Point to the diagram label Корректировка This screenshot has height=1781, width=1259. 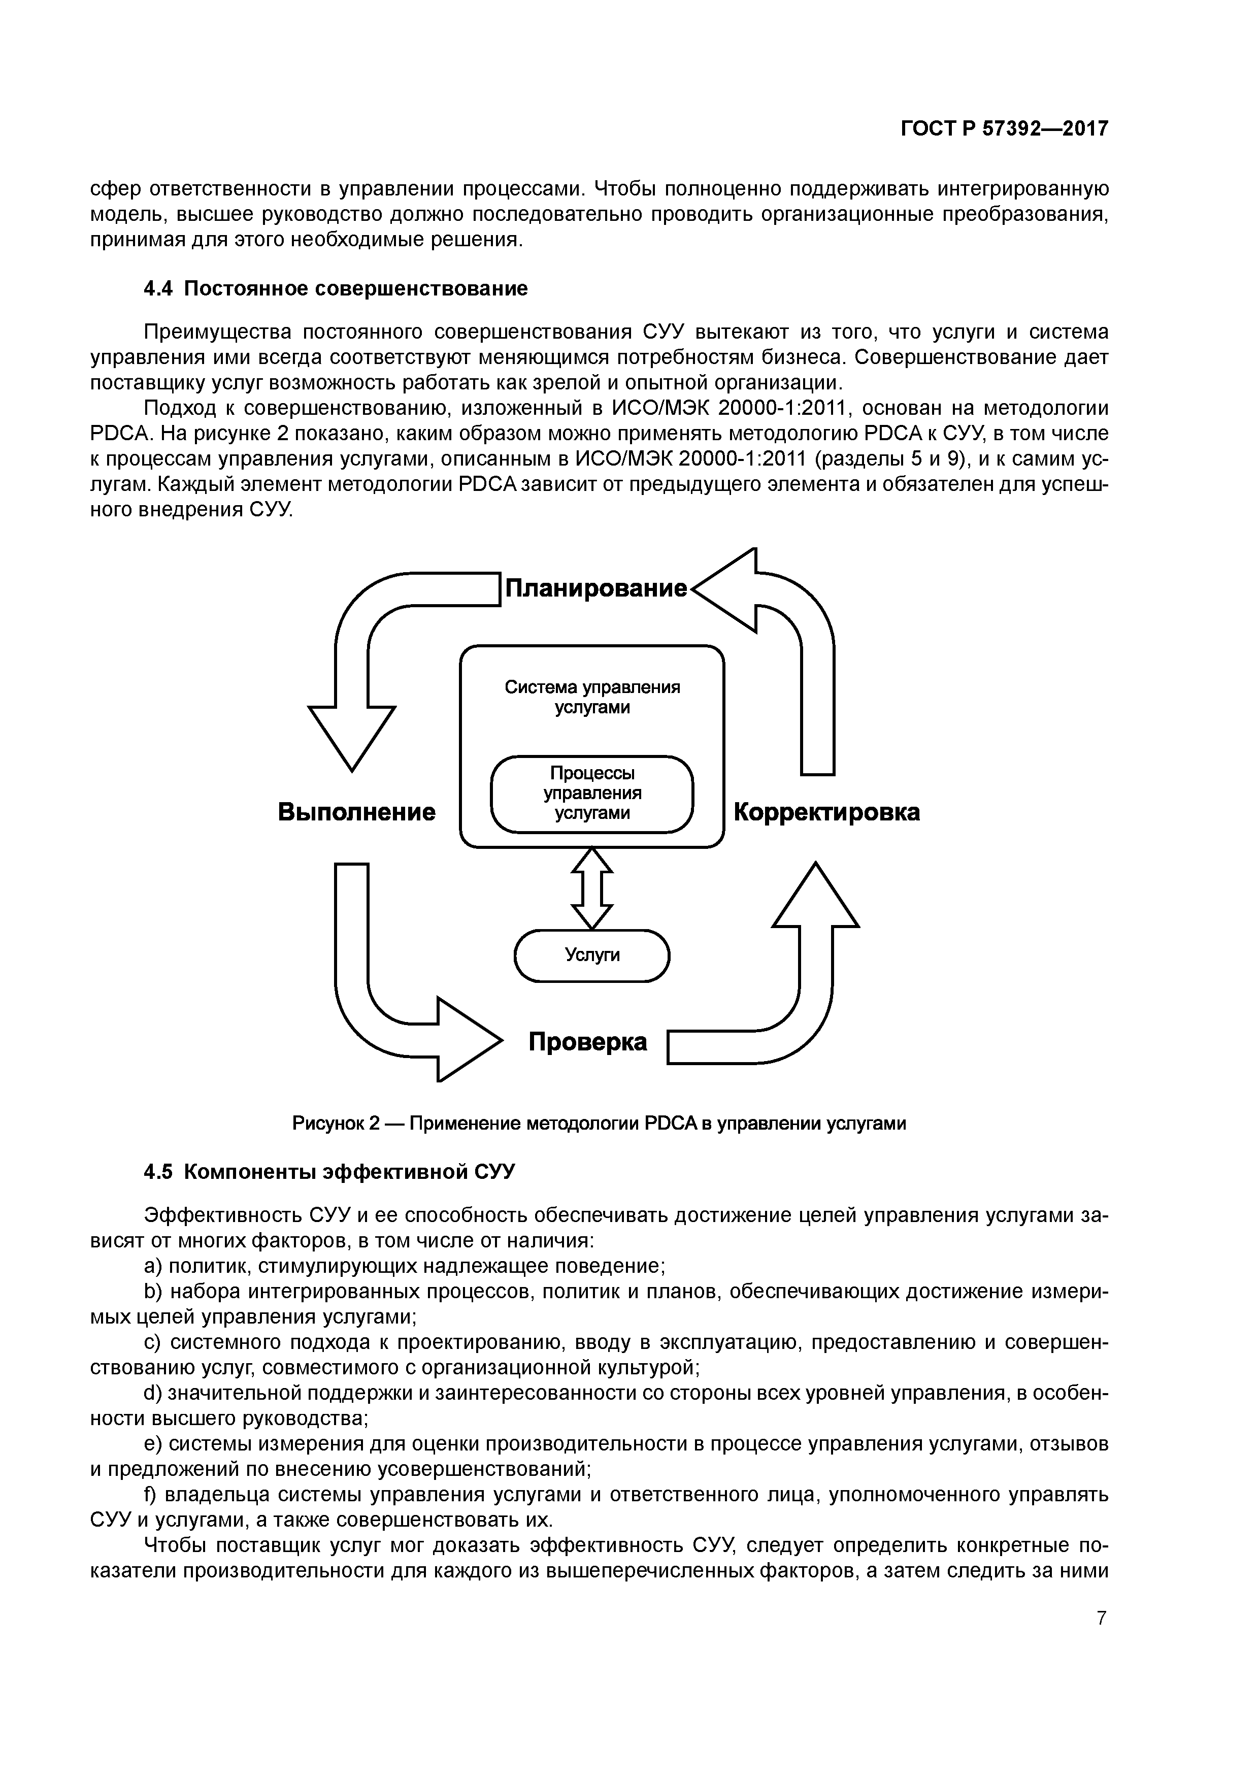[x=826, y=812]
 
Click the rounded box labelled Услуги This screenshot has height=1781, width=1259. [x=592, y=955]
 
